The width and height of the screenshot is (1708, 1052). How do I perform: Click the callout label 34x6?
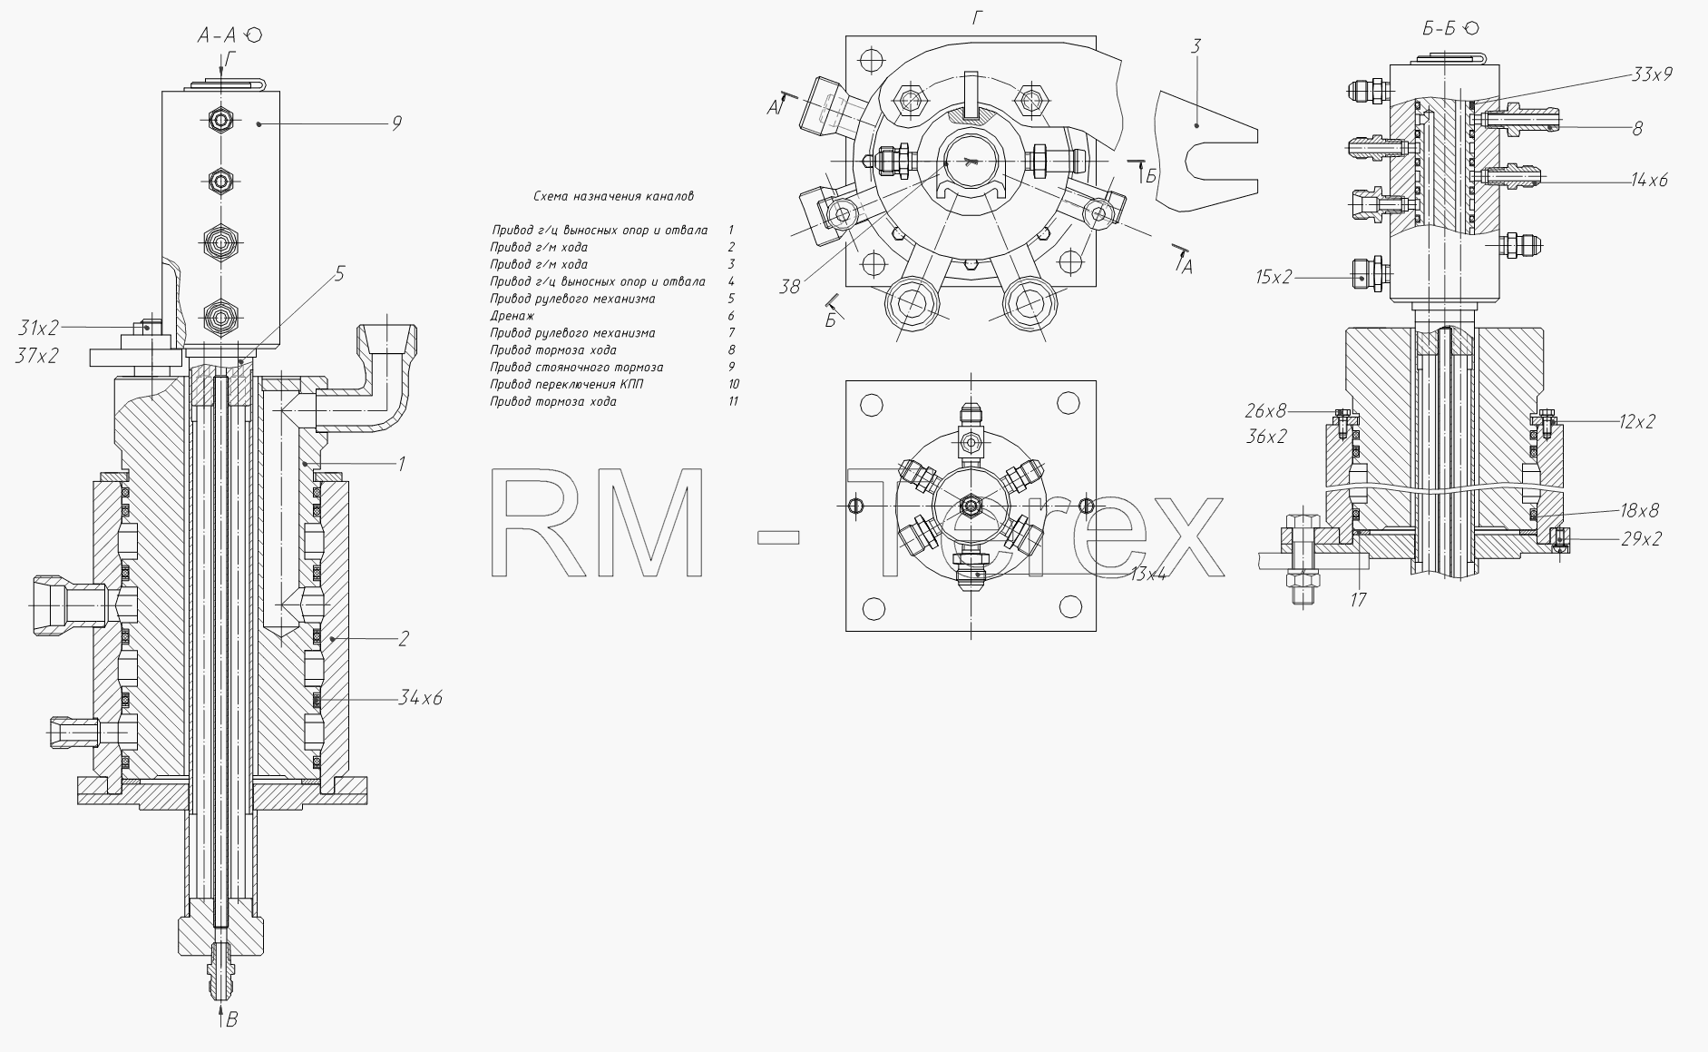[x=420, y=698]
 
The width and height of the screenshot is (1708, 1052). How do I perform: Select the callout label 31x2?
[x=37, y=327]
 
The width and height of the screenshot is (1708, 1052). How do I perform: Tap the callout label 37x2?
[x=37, y=357]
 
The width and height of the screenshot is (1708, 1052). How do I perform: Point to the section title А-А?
[x=218, y=35]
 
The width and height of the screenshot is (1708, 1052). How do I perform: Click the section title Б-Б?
[x=1439, y=29]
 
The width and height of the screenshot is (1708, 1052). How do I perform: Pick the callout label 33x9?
[x=1652, y=74]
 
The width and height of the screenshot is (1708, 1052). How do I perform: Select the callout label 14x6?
[x=1649, y=180]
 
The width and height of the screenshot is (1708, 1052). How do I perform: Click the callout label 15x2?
[x=1274, y=277]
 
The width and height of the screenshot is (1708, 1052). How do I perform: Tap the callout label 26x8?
[x=1265, y=411]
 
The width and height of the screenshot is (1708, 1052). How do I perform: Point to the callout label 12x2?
[x=1637, y=421]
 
